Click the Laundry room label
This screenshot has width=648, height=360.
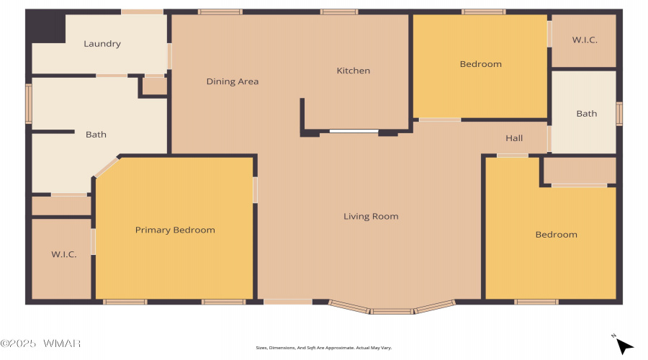102,44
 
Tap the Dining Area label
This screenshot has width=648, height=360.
233,81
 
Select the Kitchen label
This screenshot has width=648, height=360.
354,71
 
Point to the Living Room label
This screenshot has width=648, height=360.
371,216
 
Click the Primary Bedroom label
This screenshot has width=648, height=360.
175,230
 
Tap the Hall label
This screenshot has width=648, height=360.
514,138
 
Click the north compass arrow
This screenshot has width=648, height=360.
624,346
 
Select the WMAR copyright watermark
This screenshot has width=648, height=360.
40,343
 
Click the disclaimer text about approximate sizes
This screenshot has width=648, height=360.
323,348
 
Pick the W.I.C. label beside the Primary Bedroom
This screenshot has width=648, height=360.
63,254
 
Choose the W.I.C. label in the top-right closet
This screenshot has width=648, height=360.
585,40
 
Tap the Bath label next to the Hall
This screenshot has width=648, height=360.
586,114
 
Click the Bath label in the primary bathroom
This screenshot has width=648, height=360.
96,135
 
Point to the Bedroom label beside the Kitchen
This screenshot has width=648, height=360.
481,64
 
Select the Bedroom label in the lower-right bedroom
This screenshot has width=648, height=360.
557,235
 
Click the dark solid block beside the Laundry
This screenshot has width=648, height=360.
46,27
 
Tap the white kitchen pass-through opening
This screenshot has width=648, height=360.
354,132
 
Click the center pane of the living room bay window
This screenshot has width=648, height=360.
392,311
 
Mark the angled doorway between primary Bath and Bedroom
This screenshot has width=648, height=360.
107,167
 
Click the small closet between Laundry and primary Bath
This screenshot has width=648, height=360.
155,86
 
